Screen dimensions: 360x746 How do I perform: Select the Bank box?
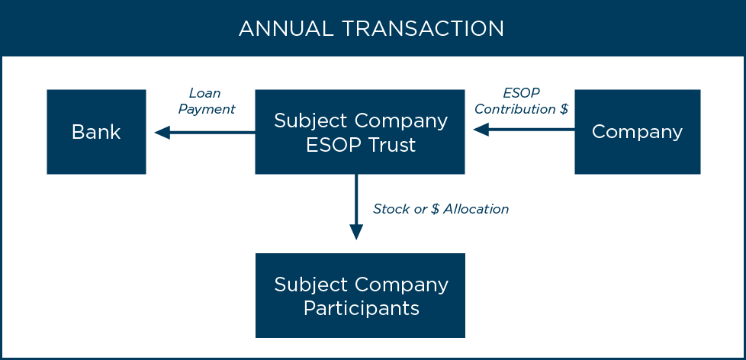[96, 132]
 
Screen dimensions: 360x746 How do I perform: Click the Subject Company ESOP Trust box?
[360, 132]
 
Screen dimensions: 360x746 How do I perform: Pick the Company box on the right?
[637, 132]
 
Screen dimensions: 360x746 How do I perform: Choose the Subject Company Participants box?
[360, 295]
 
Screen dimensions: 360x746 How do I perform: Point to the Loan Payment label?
[206, 101]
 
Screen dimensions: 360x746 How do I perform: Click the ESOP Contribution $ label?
[521, 101]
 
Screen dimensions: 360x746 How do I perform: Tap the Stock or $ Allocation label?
[440, 208]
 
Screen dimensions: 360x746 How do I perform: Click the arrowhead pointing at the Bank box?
[161, 133]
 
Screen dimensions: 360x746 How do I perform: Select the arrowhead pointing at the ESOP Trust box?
[480, 130]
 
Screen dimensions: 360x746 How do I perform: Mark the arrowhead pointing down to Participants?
[356, 232]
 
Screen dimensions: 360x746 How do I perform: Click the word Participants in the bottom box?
[361, 308]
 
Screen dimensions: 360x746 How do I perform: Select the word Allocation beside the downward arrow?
[476, 208]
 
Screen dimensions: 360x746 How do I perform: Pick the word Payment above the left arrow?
[207, 109]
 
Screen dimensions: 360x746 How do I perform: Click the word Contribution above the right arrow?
[515, 109]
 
